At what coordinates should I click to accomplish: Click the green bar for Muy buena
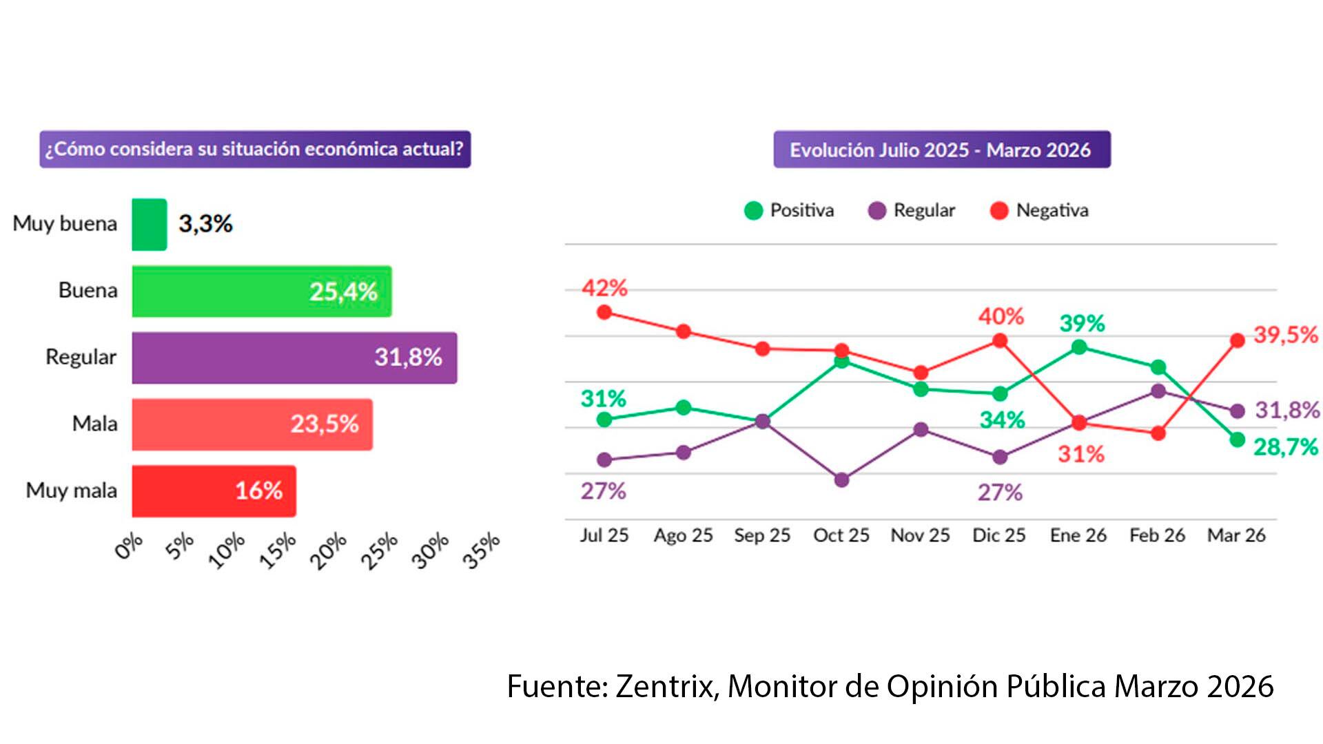pos(149,225)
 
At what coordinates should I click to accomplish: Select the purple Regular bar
pos(294,358)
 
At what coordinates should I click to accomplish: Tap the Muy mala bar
pos(214,491)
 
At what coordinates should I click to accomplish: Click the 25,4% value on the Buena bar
pos(343,291)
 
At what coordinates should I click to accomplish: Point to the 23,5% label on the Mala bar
pos(325,424)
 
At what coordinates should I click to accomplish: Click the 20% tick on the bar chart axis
pos(328,551)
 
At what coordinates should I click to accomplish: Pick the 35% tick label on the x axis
pos(481,551)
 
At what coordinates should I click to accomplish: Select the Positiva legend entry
pos(790,210)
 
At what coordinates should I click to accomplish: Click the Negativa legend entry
pos(1040,210)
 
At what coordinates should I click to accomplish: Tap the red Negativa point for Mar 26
pos(1238,340)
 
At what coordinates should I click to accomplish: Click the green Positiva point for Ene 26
pos(1080,347)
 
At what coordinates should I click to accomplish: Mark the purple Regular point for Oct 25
pos(841,480)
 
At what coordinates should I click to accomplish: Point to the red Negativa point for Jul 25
pos(604,313)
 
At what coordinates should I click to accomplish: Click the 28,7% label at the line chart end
pos(1285,447)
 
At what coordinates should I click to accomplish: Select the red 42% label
pos(604,288)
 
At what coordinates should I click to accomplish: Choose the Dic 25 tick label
pos(998,535)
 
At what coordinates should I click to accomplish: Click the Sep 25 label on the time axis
pos(762,535)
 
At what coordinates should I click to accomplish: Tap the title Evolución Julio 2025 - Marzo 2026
pos(941,149)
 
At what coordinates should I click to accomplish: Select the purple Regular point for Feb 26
pos(1158,391)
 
